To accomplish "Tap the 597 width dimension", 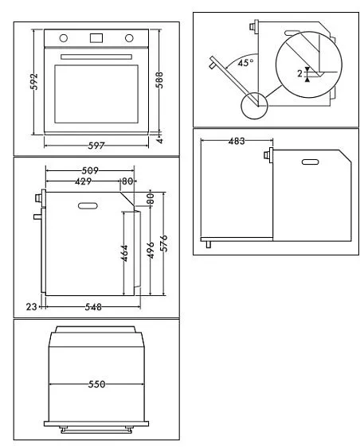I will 96,146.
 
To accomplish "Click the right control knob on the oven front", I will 128,37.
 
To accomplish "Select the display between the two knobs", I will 96,37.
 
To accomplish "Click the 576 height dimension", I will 164,243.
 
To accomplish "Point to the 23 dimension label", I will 31,306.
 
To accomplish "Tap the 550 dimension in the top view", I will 96,384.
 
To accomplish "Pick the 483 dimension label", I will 236,141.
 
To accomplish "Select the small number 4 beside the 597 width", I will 159,138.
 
